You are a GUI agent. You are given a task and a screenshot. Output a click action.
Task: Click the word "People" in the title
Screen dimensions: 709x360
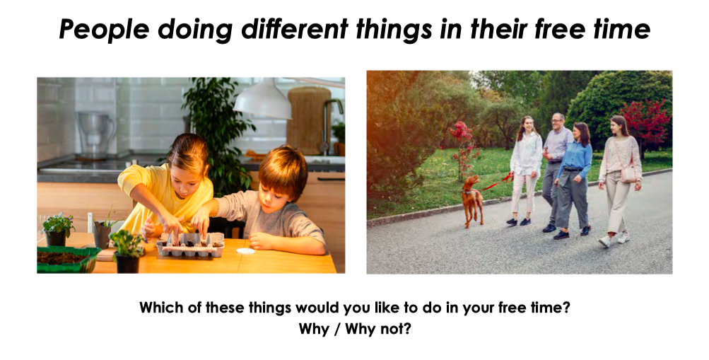104,30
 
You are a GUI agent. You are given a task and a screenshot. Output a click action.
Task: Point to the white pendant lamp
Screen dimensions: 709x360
263,101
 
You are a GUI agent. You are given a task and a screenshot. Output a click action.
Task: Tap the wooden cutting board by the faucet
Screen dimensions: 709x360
309,120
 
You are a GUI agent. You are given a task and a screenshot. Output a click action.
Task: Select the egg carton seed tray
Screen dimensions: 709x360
190,245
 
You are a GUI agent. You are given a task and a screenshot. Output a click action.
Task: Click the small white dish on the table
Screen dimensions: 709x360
246,251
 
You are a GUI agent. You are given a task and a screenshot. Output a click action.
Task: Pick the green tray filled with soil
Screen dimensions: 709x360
67,260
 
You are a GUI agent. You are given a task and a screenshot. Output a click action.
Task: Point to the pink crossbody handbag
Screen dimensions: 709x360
628,174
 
